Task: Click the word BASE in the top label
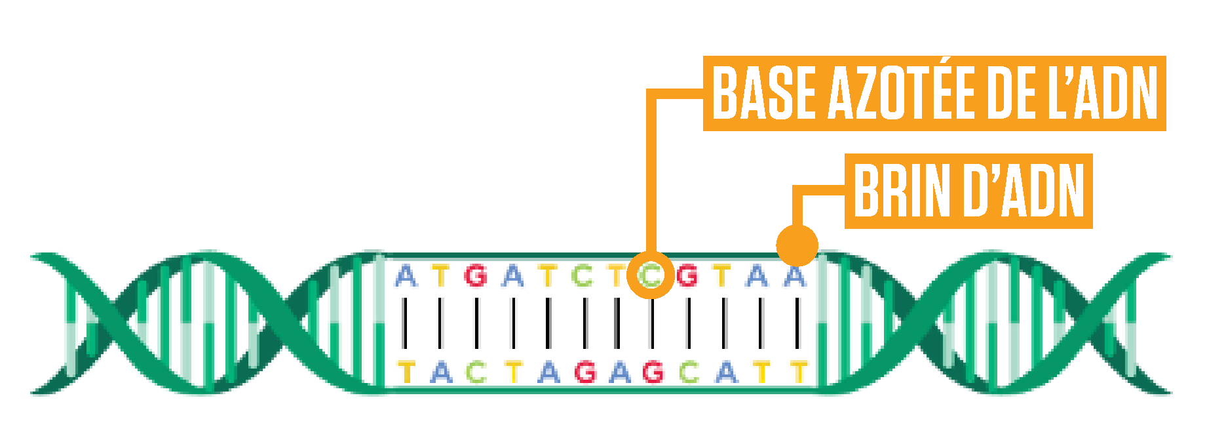764,93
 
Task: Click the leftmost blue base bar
406,315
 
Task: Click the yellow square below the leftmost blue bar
406,371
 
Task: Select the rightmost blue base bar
795,315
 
